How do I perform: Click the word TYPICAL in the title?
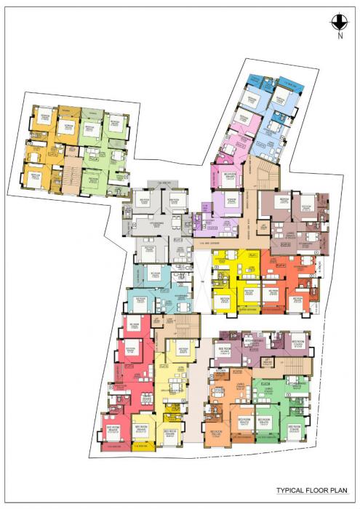[x=289, y=490]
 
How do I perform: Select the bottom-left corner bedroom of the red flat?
[x=113, y=431]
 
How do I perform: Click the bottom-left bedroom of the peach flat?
[x=217, y=434]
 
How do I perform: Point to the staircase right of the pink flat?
[x=267, y=175]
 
